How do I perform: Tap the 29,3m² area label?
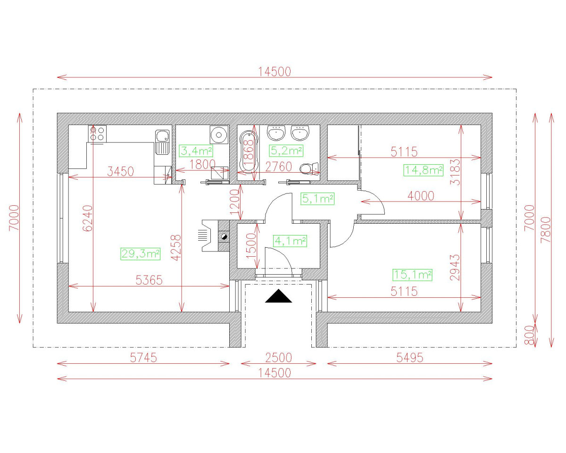tap(141, 254)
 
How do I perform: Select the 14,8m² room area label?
tap(423, 170)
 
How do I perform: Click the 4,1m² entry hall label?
tap(290, 241)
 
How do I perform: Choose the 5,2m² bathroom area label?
tap(286, 151)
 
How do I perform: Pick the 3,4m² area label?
tap(196, 151)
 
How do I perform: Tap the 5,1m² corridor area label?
tap(317, 199)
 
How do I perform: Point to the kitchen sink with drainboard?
tap(162, 142)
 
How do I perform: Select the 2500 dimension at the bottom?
tap(278, 358)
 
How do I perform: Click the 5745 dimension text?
tap(143, 358)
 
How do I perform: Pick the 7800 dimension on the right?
tap(545, 230)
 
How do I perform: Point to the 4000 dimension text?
tap(421, 196)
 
